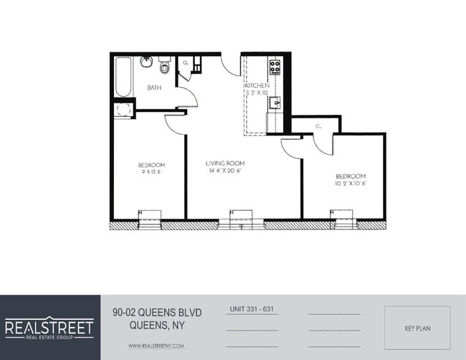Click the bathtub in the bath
pos(123,77)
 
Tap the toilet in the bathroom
pos(164,67)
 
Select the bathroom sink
pos(146,62)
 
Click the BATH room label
pos(154,87)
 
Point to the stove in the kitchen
pos(274,67)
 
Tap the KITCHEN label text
pos(257,85)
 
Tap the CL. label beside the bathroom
pos(186,62)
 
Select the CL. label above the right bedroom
pos(318,126)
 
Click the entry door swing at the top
pos(231,65)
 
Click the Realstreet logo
pos(49,328)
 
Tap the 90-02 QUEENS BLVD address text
pos(158,312)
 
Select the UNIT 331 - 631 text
pos(252,309)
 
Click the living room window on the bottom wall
pos(241,217)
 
